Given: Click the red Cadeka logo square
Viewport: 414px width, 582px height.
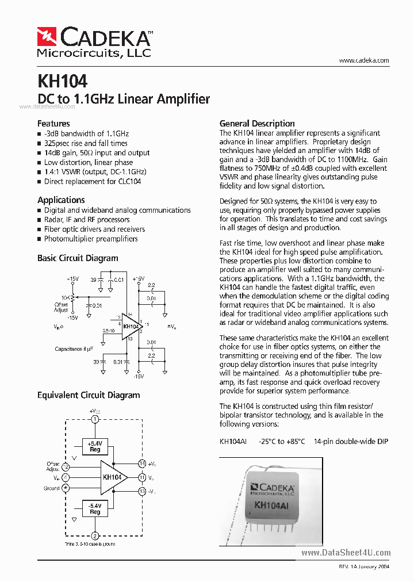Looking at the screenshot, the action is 47,37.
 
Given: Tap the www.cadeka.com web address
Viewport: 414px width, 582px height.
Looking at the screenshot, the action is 364,60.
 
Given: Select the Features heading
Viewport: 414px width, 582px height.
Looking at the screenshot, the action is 53,124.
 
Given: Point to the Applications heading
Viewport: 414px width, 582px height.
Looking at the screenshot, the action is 61,200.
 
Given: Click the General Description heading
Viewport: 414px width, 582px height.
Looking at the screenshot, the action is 257,124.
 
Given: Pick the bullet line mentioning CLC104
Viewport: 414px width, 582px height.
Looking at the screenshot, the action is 92,182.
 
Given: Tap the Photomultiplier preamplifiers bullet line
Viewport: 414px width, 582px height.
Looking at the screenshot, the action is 91,239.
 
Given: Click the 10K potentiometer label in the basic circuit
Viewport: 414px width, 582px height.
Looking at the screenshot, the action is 67,297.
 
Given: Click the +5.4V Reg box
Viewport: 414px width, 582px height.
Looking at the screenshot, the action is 95,447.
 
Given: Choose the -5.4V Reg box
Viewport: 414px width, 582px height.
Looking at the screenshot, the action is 95,508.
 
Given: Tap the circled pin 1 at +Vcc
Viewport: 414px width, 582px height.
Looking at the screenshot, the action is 95,419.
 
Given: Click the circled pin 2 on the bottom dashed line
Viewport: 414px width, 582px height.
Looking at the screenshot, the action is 95,536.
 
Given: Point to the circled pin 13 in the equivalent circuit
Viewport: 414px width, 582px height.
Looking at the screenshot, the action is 141,491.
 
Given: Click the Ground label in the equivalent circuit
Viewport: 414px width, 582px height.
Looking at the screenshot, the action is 51,488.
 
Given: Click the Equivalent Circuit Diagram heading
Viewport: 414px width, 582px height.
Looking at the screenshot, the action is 89,395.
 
